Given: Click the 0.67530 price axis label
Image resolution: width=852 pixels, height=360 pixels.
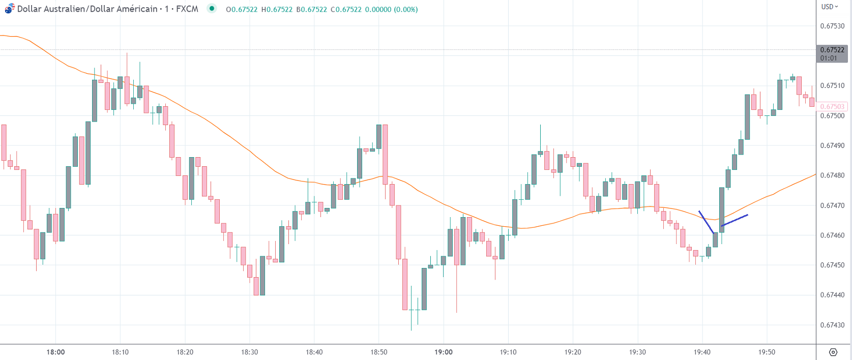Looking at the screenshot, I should (x=832, y=26).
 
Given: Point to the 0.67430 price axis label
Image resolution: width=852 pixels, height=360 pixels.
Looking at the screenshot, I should (x=832, y=325).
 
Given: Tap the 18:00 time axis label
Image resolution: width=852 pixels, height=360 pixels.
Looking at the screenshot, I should (x=55, y=352).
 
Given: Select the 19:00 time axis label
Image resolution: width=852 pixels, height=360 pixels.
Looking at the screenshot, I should (x=444, y=352).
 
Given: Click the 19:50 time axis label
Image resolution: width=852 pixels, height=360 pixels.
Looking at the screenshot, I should (x=767, y=352).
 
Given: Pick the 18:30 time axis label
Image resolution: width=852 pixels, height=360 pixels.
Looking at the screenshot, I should (x=249, y=352).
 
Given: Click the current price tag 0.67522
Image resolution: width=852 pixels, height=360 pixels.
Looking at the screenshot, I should (x=832, y=50).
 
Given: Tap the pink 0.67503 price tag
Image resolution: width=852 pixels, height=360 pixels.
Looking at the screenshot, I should (x=832, y=107).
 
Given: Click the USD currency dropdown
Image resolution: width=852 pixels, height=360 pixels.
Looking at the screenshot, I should (x=830, y=7).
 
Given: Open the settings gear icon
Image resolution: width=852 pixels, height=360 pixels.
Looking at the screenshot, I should (x=833, y=352).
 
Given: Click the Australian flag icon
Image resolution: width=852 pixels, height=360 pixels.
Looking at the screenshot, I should (x=9, y=9).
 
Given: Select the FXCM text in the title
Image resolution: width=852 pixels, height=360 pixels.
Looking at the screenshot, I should (x=187, y=9).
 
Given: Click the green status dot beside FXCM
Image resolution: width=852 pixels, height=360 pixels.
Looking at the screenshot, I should (x=212, y=9).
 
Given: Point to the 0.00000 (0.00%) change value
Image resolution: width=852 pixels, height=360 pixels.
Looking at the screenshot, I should (x=393, y=10).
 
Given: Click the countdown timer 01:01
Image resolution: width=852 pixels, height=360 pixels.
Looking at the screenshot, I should (x=829, y=58).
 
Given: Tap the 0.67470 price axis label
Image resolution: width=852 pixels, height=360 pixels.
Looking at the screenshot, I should (x=832, y=205).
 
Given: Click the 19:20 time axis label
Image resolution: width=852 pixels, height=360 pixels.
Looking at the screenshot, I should (x=573, y=352).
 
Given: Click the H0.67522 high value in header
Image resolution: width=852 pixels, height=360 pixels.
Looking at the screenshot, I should (x=277, y=10).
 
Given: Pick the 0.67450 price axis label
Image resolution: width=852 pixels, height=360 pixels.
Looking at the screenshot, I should (x=832, y=265).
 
